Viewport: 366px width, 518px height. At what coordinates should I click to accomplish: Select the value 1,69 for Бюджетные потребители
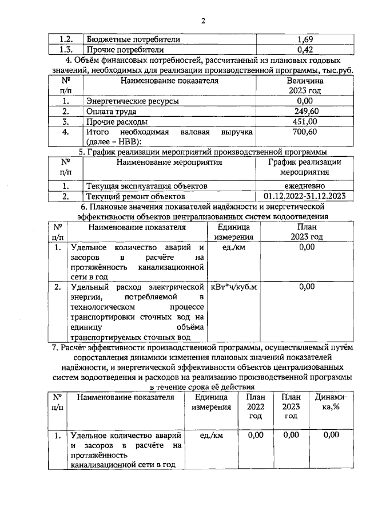pyautogui.click(x=305, y=39)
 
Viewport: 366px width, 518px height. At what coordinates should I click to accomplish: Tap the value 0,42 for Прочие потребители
pyautogui.click(x=305, y=49)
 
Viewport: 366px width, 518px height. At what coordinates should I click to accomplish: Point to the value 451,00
pyautogui.click(x=305, y=122)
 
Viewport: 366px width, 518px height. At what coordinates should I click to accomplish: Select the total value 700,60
pyautogui.click(x=305, y=132)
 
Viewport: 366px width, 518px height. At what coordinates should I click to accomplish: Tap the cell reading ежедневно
pyautogui.click(x=305, y=186)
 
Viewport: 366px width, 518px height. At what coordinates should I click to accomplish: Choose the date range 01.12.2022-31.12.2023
pyautogui.click(x=305, y=196)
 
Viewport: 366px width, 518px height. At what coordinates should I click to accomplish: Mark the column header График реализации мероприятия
pyautogui.click(x=305, y=167)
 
